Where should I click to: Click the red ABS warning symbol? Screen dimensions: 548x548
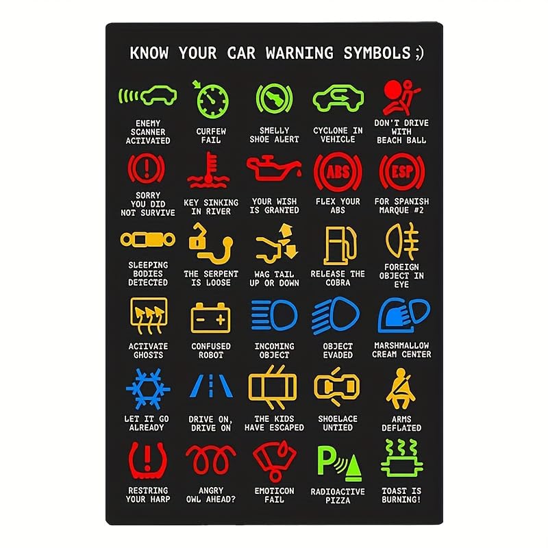click(x=338, y=172)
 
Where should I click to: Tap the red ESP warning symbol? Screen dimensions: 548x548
click(x=401, y=172)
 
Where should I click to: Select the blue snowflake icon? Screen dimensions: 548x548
click(x=147, y=388)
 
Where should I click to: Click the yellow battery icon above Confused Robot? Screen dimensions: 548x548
click(x=210, y=316)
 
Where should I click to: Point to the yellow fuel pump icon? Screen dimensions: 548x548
click(x=337, y=245)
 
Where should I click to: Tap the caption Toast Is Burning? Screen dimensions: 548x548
click(x=401, y=495)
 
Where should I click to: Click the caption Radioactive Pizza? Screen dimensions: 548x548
click(x=338, y=496)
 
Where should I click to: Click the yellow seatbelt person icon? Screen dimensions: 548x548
click(x=401, y=388)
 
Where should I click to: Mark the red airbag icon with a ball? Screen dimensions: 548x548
click(x=401, y=97)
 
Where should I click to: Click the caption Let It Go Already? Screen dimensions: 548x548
click(x=147, y=423)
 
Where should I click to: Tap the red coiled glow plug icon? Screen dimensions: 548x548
click(x=210, y=458)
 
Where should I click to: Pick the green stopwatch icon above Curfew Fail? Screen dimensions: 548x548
click(x=210, y=99)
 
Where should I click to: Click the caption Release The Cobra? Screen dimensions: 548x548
click(x=338, y=278)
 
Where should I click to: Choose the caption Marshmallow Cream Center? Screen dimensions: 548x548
click(x=401, y=350)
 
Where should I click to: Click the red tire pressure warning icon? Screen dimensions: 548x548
click(x=147, y=459)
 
